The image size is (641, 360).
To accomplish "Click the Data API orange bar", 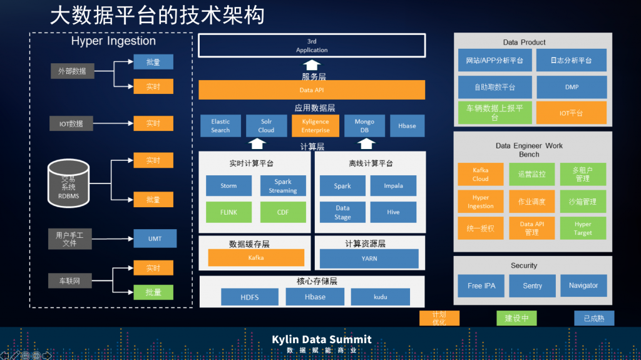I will [x=311, y=90].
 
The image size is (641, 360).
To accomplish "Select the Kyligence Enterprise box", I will [x=315, y=126].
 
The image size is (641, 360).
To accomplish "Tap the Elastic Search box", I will [x=220, y=126].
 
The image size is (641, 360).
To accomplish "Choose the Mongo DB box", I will [x=364, y=126].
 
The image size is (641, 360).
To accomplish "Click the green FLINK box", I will [x=228, y=212].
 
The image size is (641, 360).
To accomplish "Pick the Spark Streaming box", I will [x=283, y=186].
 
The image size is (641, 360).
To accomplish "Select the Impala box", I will [x=393, y=186].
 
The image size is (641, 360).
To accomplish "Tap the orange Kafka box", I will [x=256, y=257].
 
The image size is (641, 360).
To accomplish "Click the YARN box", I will [x=369, y=258].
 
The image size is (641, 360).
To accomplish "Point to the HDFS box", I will [x=249, y=297].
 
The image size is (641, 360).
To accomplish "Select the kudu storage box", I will [x=380, y=297].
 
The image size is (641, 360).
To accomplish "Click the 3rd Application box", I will [x=312, y=46].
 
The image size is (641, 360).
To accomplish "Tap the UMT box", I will [x=155, y=239].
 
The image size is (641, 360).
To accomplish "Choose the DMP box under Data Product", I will [x=571, y=88].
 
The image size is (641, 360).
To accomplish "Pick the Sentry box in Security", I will [x=532, y=285].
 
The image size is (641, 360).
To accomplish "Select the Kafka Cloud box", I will [x=480, y=174].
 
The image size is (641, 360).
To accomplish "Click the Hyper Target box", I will [x=582, y=228].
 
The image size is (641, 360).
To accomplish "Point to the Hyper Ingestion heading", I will [x=113, y=41].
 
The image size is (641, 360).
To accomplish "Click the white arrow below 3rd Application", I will [x=312, y=65].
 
